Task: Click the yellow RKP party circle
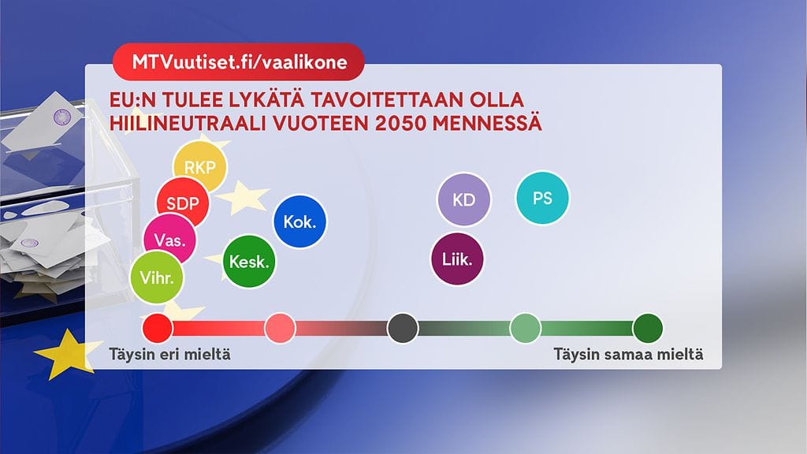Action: point(199,167)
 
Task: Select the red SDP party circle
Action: point(183,203)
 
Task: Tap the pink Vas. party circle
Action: point(169,240)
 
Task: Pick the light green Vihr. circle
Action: point(157,277)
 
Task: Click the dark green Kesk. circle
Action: point(250,262)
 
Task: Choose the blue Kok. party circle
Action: point(299,221)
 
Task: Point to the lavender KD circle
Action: point(464,199)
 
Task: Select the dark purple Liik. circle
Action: point(458,259)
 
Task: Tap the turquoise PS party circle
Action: point(542,198)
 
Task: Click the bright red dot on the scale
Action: point(156,327)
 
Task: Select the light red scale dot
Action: point(280,327)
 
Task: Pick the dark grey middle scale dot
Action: point(403,327)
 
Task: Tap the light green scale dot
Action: point(526,327)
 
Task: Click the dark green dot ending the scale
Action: point(648,327)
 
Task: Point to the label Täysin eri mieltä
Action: point(169,355)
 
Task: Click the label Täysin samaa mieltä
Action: point(627,355)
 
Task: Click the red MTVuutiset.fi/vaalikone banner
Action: point(238,63)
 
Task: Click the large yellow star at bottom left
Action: point(69,354)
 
